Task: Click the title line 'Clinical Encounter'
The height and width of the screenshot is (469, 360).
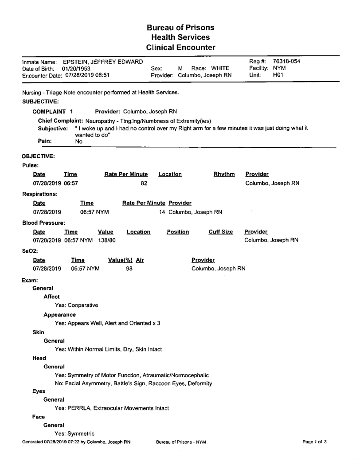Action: tap(180, 47)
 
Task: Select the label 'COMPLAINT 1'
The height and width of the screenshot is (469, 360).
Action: tap(56, 111)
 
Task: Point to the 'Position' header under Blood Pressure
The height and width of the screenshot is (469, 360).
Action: tap(178, 232)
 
